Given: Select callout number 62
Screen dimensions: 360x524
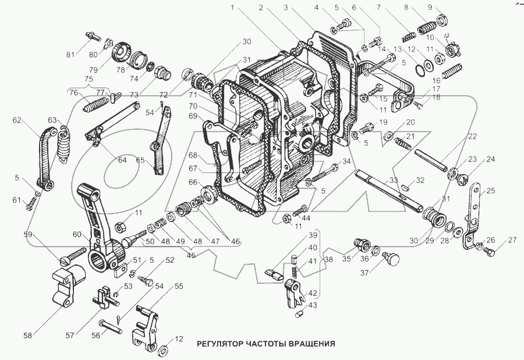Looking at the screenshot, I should coord(16,121).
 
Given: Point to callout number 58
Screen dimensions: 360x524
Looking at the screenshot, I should coord(27,336).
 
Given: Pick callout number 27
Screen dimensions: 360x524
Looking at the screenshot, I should coord(512,239).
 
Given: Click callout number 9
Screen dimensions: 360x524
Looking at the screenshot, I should coord(446,8).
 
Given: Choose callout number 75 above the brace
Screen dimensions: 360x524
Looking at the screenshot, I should coord(89,80).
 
